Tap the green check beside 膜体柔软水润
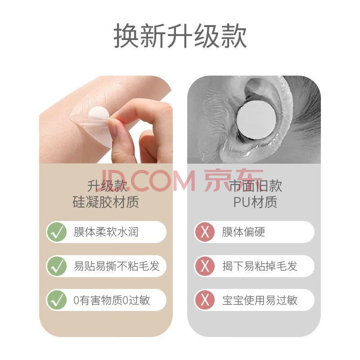pyautogui.click(x=57, y=232)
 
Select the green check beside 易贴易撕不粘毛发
pyautogui.click(x=57, y=266)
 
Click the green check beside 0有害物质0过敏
pyautogui.click(x=57, y=300)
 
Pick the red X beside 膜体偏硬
pyautogui.click(x=205, y=232)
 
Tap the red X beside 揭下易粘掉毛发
pyautogui.click(x=205, y=266)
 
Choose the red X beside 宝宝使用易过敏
pyautogui.click(x=205, y=300)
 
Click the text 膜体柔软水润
pyautogui.click(x=106, y=232)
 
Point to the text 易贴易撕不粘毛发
pyautogui.click(x=117, y=266)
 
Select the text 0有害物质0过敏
pyautogui.click(x=112, y=300)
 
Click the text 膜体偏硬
pyautogui.click(x=243, y=232)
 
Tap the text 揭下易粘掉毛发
pyautogui.click(x=260, y=266)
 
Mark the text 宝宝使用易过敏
pyautogui.click(x=260, y=300)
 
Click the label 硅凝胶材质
pyautogui.click(x=106, y=202)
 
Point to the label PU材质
pyautogui.click(x=255, y=202)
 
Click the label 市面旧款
pyautogui.click(x=256, y=185)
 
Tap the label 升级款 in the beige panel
pyautogui.click(x=107, y=185)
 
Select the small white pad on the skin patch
pyautogui.click(x=99, y=113)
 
